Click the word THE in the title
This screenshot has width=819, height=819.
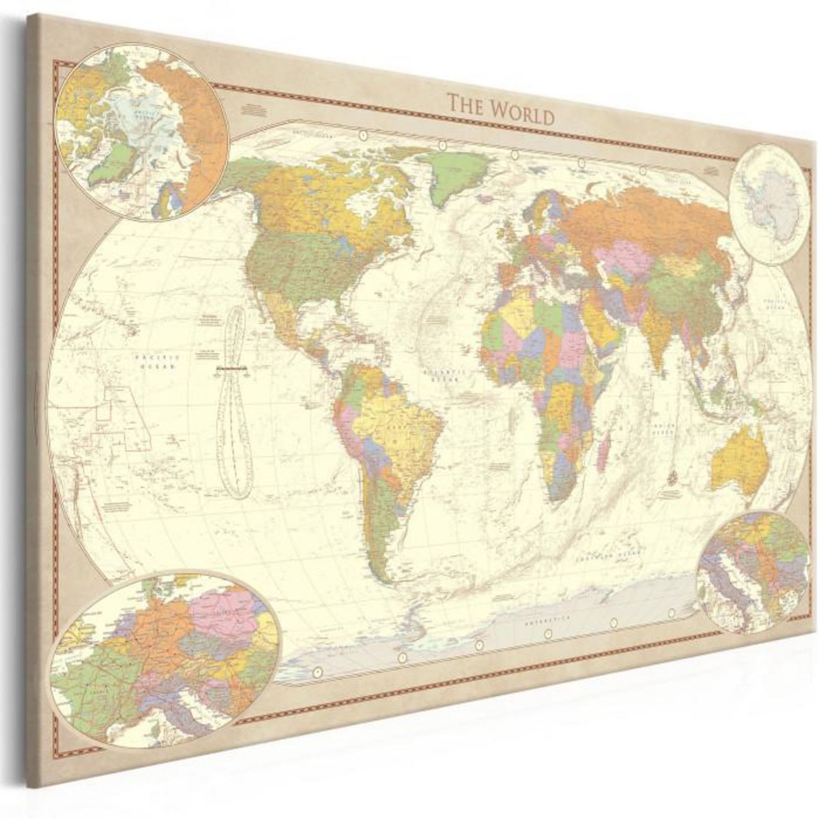click(x=465, y=106)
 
